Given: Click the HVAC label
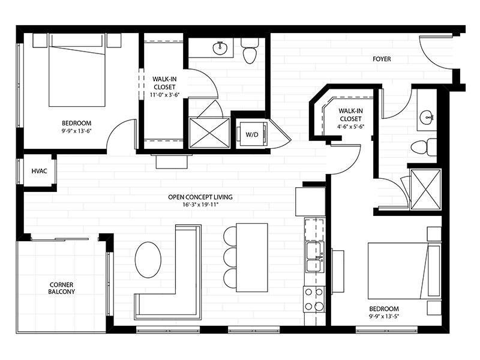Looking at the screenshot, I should pyautogui.click(x=40, y=172).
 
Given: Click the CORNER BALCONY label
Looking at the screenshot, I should pyautogui.click(x=62, y=287).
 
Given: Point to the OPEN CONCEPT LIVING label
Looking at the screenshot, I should pyautogui.click(x=200, y=197).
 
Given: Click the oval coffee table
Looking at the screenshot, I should pyautogui.click(x=148, y=260).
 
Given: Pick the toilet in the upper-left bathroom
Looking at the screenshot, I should pyautogui.click(x=249, y=52).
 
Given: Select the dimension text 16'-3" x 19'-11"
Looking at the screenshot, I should pyautogui.click(x=200, y=206).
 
